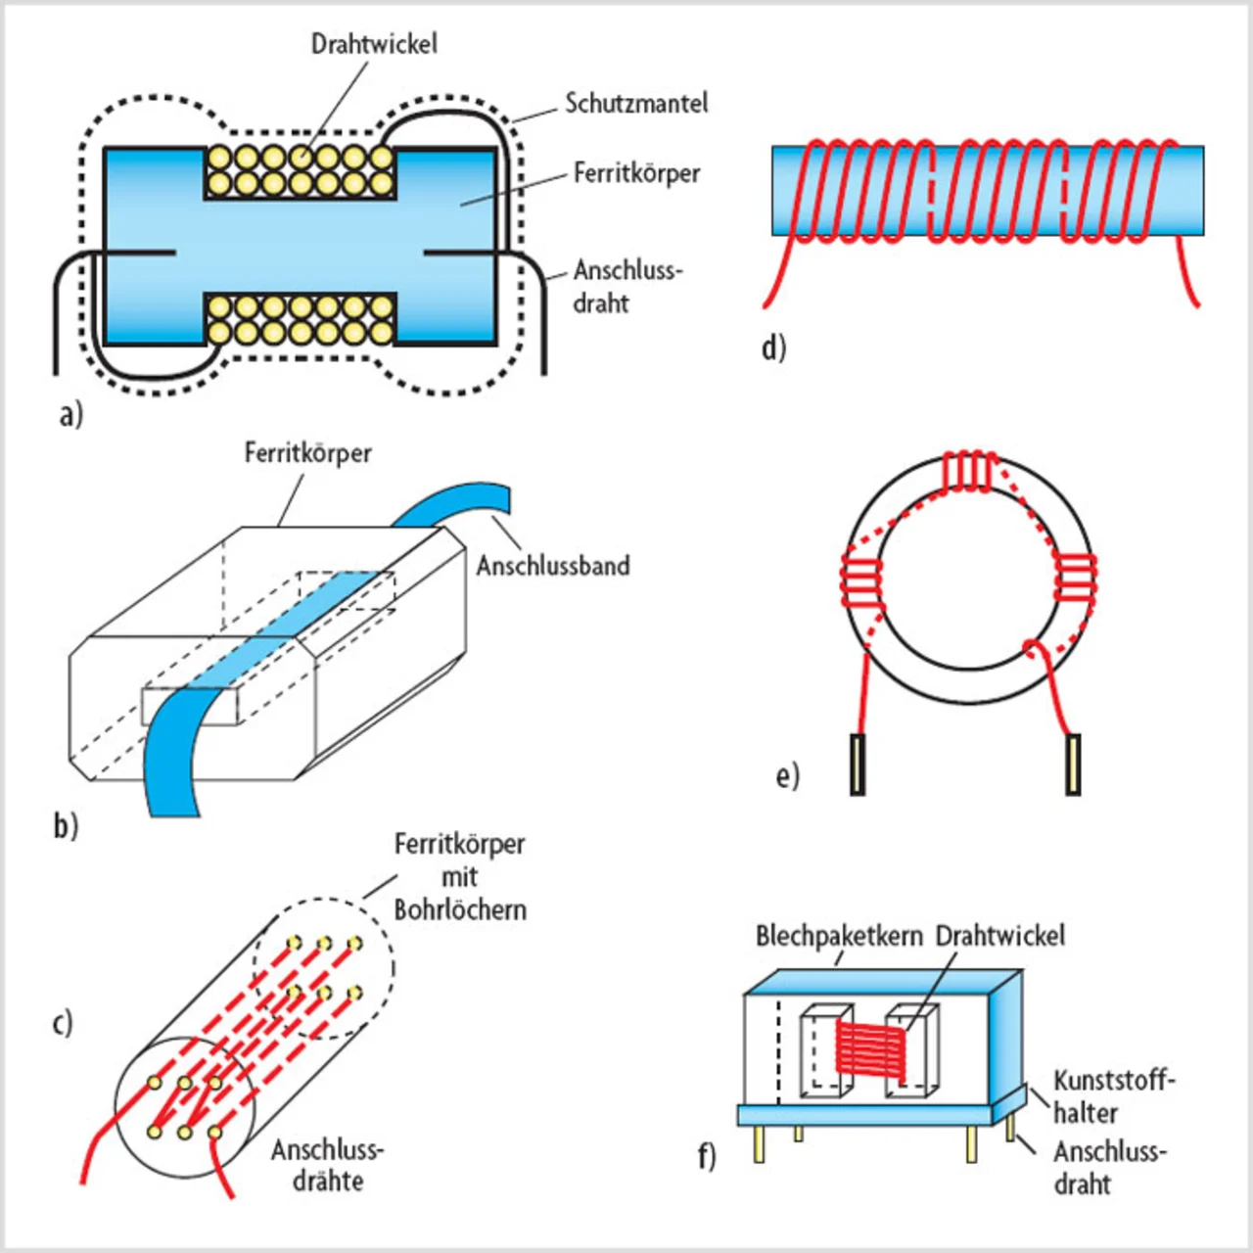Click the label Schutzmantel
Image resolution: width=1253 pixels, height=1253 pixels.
(x=635, y=104)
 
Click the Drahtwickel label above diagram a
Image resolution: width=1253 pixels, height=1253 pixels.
(x=374, y=44)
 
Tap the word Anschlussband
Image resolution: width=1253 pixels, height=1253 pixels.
(x=553, y=566)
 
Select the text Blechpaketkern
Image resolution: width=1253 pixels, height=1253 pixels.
(x=839, y=936)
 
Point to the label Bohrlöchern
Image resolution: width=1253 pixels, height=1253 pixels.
(x=460, y=909)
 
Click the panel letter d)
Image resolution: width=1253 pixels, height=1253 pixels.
(x=773, y=347)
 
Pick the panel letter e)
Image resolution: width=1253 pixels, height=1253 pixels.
(x=787, y=775)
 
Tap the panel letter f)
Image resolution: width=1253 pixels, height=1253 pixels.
(x=707, y=1156)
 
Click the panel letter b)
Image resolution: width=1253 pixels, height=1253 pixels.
(x=66, y=825)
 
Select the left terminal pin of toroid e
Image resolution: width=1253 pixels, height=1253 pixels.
(x=858, y=764)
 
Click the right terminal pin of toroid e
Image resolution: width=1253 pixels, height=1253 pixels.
(x=1074, y=764)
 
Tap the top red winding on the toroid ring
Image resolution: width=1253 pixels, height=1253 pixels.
(x=969, y=469)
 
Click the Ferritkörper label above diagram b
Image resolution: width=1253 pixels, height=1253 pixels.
(x=307, y=453)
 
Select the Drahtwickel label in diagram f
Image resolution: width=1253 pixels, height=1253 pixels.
(x=999, y=936)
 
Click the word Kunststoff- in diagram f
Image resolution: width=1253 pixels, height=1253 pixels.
(x=1113, y=1081)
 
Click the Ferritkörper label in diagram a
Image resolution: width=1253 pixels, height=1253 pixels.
(x=636, y=173)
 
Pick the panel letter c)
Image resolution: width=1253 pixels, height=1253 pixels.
(x=63, y=1022)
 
